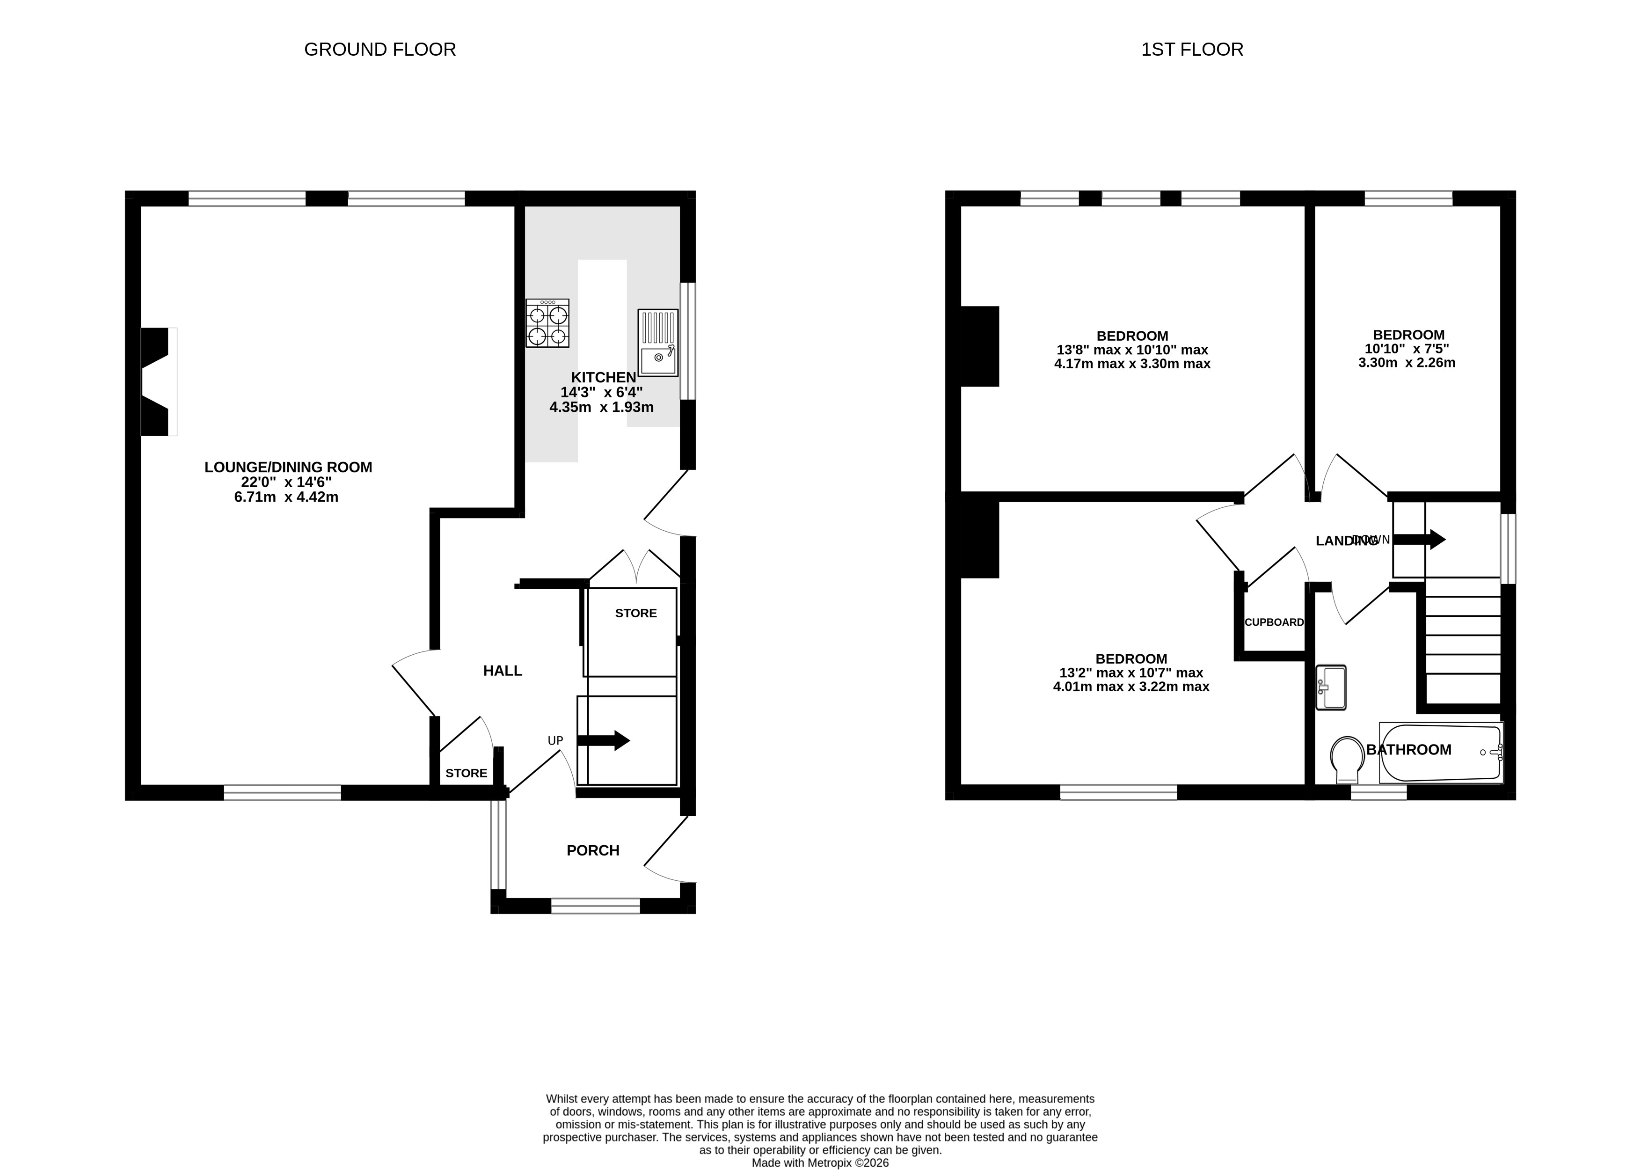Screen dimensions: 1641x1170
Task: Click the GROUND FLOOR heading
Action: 379,49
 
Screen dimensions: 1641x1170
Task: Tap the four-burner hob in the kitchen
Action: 547,323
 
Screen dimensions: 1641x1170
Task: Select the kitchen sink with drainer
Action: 658,343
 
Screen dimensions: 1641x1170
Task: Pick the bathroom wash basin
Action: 1330,687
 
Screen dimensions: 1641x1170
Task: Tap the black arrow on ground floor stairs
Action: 604,740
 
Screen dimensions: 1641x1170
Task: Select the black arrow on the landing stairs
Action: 1420,539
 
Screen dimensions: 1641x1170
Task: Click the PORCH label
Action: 593,850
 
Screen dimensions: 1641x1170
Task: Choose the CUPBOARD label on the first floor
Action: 1274,622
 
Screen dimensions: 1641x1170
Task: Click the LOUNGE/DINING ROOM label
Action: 288,467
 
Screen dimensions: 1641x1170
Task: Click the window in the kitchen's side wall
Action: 688,341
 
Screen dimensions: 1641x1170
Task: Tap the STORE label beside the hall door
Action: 466,773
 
